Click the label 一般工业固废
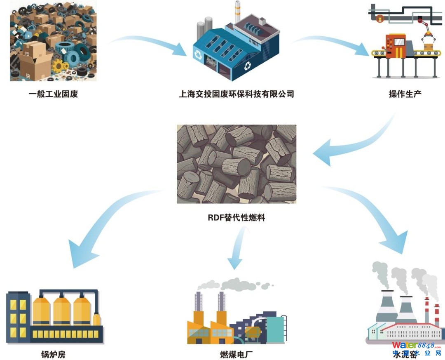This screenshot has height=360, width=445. click(53, 94)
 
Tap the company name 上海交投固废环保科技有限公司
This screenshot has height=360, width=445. click(237, 94)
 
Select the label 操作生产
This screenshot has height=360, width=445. click(405, 94)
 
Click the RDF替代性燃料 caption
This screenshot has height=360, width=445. click(237, 218)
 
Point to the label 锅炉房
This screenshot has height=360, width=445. click(53, 354)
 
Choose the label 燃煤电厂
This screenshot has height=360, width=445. click(236, 354)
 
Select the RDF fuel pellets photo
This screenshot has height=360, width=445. click(237, 164)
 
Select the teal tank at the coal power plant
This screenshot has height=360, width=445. click(275, 328)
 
